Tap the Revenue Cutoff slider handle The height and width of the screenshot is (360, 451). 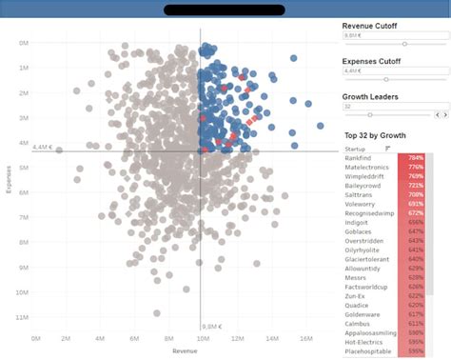point(405,44)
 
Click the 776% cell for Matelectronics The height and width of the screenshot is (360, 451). point(416,168)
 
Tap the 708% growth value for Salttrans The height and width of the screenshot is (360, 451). point(416,194)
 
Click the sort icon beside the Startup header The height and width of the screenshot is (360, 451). point(387,149)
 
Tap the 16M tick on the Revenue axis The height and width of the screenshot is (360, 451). point(305,338)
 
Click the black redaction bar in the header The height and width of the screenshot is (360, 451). point(225,10)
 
